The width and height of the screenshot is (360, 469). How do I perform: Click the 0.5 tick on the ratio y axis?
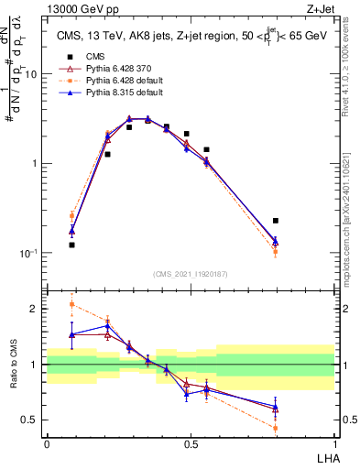pyautogui.click(x=33, y=420)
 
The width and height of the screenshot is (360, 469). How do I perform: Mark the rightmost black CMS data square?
pyautogui.click(x=276, y=221)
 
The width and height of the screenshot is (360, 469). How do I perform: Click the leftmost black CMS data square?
pyautogui.click(x=72, y=245)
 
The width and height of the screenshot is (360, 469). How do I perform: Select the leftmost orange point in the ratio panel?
pyautogui.click(x=72, y=304)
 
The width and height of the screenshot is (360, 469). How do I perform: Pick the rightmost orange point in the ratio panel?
pyautogui.click(x=276, y=428)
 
